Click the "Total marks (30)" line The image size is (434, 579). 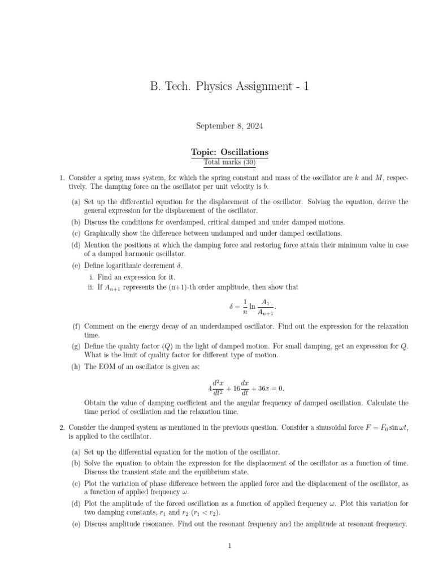(x=229, y=163)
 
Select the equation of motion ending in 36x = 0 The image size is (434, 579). (x=246, y=388)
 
